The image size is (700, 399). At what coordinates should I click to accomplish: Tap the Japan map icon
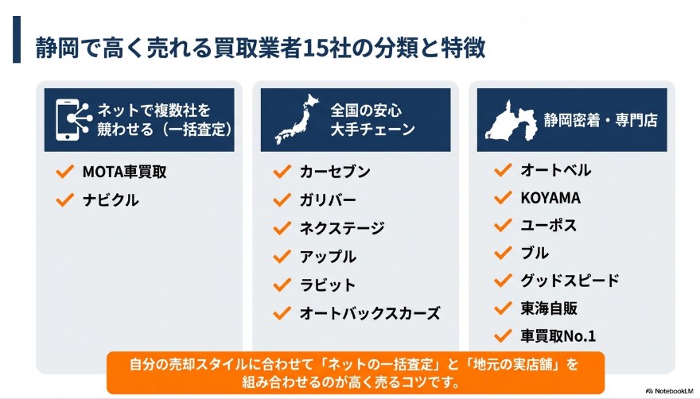pyautogui.click(x=295, y=119)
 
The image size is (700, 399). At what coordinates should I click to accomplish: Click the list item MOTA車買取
pyautogui.click(x=124, y=171)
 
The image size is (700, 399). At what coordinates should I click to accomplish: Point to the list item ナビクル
pyautogui.click(x=111, y=200)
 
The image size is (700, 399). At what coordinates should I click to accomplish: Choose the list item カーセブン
pyautogui.click(x=335, y=172)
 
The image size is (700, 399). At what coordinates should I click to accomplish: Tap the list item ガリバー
pyautogui.click(x=328, y=199)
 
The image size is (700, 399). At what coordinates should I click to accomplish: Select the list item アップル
pyautogui.click(x=328, y=257)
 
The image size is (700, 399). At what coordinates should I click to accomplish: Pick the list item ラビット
pyautogui.click(x=328, y=285)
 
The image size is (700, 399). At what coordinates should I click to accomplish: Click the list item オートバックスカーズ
pyautogui.click(x=370, y=313)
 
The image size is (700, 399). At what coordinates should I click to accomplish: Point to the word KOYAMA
pyautogui.click(x=550, y=198)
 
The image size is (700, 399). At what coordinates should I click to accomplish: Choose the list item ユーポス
pyautogui.click(x=549, y=225)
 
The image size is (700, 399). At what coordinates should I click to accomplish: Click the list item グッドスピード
pyautogui.click(x=570, y=280)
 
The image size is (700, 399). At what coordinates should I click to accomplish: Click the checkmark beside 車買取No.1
pyautogui.click(x=502, y=335)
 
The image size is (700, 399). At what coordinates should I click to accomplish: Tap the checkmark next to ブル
pyautogui.click(x=502, y=253)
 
